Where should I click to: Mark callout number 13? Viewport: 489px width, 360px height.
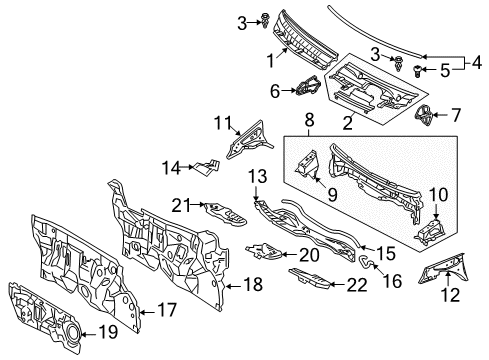[256, 176]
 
